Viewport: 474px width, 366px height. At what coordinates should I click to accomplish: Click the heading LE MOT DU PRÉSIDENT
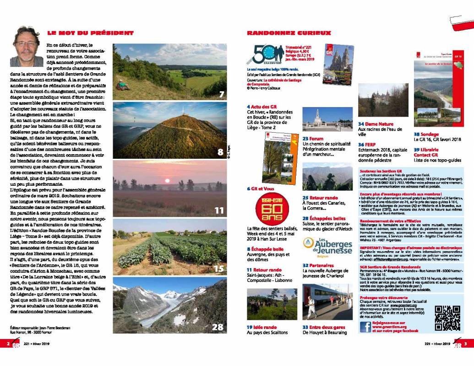(x=90, y=33)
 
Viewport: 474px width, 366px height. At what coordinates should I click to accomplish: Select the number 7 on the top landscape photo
(x=221, y=95)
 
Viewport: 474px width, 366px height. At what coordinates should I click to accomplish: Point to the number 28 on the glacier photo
(x=218, y=327)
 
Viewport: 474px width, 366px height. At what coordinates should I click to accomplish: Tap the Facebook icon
(x=365, y=327)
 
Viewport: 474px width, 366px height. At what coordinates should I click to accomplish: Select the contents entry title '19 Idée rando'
(x=262, y=327)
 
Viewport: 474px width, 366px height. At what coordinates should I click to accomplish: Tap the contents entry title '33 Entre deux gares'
(x=323, y=327)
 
